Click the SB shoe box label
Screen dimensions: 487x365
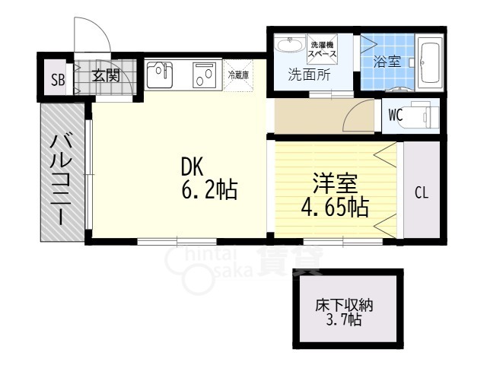point(58,80)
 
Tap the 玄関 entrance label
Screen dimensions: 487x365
point(106,75)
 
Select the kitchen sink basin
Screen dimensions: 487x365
point(160,75)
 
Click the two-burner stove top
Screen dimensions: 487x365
point(204,75)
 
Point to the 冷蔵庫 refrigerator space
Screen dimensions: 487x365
point(238,75)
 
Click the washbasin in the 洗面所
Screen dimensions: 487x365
point(290,45)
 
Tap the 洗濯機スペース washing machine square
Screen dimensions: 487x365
point(323,49)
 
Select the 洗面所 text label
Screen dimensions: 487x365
point(310,75)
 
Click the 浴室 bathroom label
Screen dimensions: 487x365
point(387,62)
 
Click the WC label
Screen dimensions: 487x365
point(396,115)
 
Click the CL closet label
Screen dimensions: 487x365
point(422,192)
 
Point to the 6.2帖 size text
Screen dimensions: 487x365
point(209,189)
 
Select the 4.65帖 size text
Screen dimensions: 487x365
point(335,206)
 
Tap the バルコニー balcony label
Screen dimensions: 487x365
point(61,178)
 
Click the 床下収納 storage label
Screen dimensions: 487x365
point(344,306)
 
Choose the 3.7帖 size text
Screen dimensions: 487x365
point(343,319)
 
